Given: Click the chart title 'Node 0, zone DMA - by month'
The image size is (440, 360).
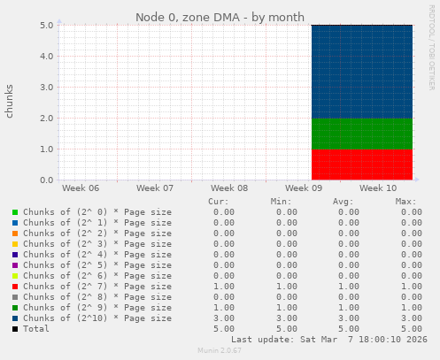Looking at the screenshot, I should tap(220, 17).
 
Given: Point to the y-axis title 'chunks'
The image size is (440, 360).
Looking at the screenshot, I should tap(10, 102).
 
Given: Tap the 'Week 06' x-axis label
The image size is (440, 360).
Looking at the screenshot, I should tap(81, 188).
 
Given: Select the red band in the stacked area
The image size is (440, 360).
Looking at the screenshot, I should tap(361, 165).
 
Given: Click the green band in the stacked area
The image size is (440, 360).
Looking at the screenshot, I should tap(361, 134).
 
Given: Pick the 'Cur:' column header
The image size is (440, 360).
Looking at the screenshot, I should tap(218, 201).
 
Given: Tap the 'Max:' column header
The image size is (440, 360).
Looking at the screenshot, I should tap(405, 201).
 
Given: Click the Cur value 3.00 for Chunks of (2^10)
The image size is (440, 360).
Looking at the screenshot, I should tap(224, 318).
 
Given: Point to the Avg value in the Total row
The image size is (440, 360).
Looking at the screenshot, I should tap(349, 328).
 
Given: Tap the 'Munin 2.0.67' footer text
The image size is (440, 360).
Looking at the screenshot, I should tap(219, 351).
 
